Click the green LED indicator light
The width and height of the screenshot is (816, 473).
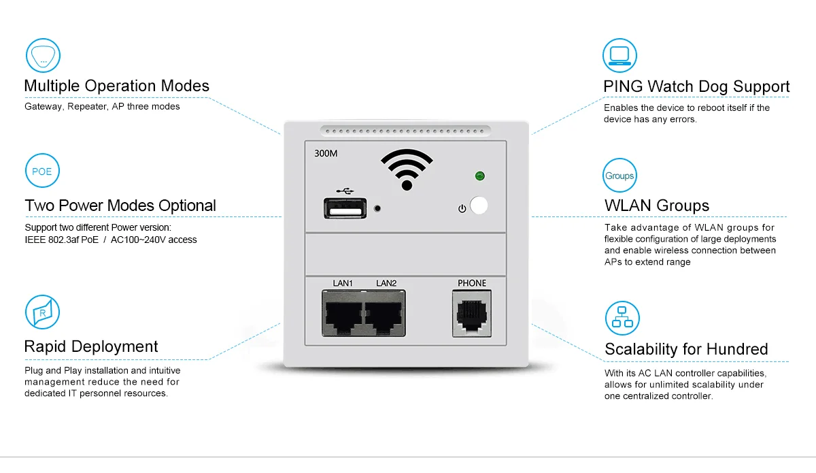(480, 176)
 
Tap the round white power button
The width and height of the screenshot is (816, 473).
(479, 206)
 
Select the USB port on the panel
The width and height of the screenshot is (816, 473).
(345, 208)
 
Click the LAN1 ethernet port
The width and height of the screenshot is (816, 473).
(343, 313)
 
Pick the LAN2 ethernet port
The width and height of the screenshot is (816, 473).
(385, 313)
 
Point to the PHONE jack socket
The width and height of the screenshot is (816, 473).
(472, 314)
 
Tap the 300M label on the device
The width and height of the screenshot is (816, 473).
(326, 154)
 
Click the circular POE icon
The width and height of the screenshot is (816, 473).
(42, 171)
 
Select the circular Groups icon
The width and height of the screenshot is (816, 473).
(619, 176)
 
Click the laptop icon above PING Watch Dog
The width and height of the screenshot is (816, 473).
(619, 55)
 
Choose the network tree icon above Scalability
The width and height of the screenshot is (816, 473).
(622, 318)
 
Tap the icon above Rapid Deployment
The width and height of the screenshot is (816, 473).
(42, 312)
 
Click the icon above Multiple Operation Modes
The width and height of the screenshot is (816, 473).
(43, 55)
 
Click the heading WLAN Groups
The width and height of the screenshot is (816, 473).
(657, 206)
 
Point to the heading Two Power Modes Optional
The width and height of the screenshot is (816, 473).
(120, 206)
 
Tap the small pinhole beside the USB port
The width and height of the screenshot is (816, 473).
(377, 209)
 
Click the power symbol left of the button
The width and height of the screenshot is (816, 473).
(462, 209)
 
